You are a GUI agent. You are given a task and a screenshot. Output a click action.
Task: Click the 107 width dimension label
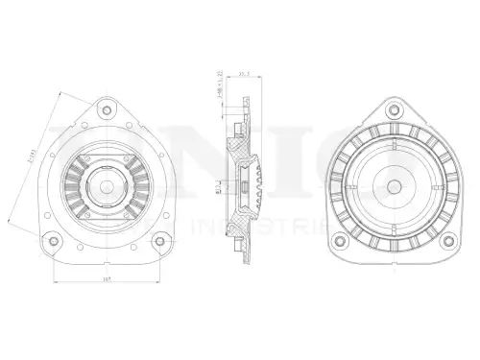click(x=107, y=278)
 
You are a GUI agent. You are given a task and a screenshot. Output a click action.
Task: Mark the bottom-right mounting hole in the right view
click(x=445, y=240)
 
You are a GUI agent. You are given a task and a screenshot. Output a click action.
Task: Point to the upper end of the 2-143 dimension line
click(x=60, y=93)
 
